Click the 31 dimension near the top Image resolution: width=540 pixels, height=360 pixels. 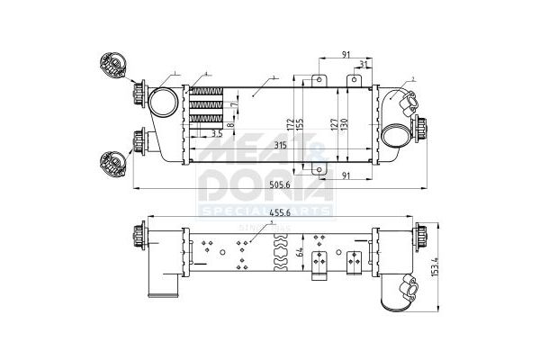coord(362,65)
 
